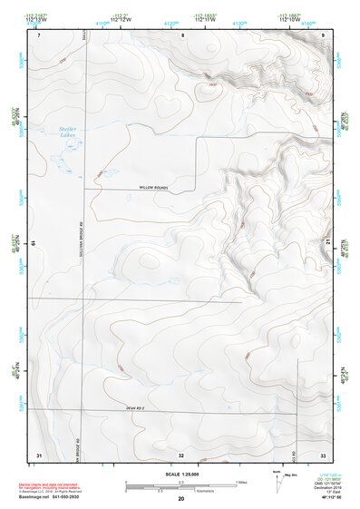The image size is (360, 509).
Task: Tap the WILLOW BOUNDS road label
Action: point(155,187)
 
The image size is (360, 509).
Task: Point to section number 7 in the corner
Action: point(39,34)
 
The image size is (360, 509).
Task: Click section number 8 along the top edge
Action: point(181,34)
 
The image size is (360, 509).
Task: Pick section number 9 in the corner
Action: point(325,34)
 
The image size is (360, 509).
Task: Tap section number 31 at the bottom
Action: point(39,453)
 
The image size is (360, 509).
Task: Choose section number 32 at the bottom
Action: point(181,453)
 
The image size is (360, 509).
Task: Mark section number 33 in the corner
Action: point(324,453)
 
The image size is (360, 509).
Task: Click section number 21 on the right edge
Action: point(327,242)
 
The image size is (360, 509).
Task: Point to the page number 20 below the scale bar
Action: point(181,499)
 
